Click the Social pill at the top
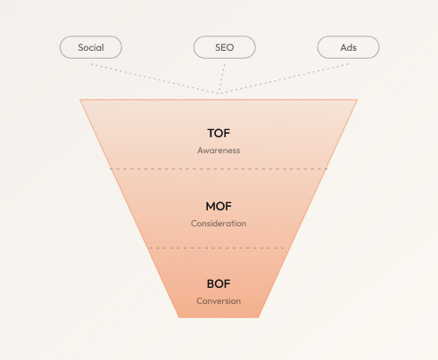point(91,47)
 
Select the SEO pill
point(225,47)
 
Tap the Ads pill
point(348,47)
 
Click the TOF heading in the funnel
point(219,134)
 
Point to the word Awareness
point(219,151)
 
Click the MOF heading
point(219,207)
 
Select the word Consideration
point(219,224)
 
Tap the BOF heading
point(219,284)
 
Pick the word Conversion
point(219,301)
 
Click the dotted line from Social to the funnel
point(154,78)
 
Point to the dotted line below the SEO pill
point(222,78)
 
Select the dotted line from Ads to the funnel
point(284,78)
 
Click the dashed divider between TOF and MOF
point(219,169)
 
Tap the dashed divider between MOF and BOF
point(217,248)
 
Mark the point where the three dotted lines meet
point(219,94)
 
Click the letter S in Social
point(80,47)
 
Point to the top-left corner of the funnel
point(80,100)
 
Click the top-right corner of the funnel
point(358,100)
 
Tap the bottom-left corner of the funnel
point(178,317)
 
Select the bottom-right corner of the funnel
point(259,317)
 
